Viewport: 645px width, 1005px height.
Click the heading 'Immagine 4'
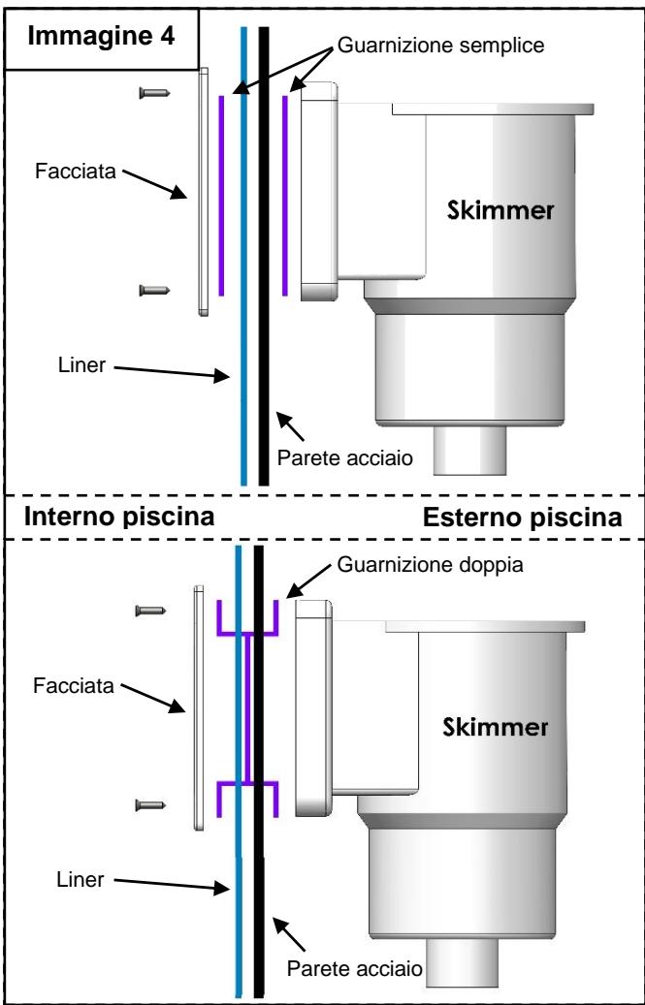pyautogui.click(x=101, y=37)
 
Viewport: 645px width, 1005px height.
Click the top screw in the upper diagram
pyautogui.click(x=156, y=92)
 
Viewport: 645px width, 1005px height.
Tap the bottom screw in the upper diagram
pyautogui.click(x=156, y=289)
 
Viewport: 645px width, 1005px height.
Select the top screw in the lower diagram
pyautogui.click(x=151, y=610)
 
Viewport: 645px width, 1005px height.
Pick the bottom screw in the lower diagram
pyautogui.click(x=151, y=802)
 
